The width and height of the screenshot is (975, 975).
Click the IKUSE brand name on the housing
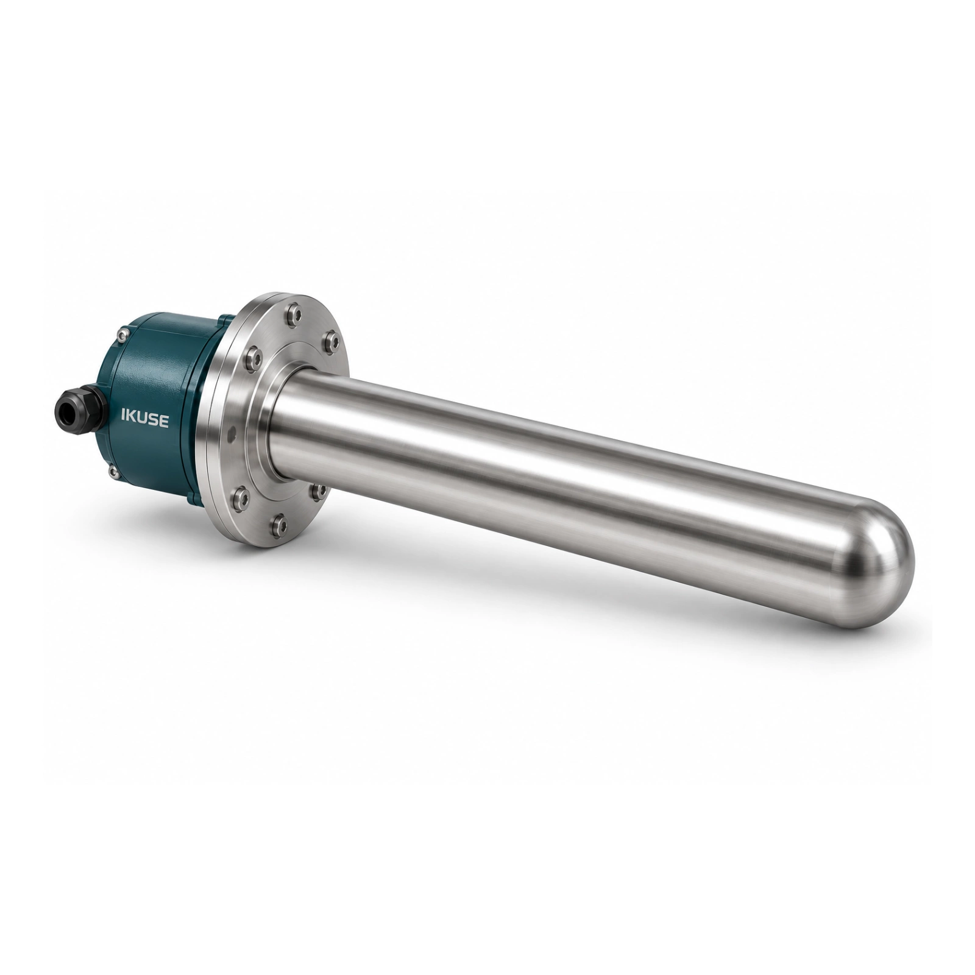pos(145,420)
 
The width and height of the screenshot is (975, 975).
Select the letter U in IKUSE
pos(143,420)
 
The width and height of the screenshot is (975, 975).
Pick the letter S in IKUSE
pos(154,421)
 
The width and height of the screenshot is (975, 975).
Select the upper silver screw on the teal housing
pos(124,333)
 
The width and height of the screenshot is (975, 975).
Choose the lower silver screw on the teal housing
pos(113,471)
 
